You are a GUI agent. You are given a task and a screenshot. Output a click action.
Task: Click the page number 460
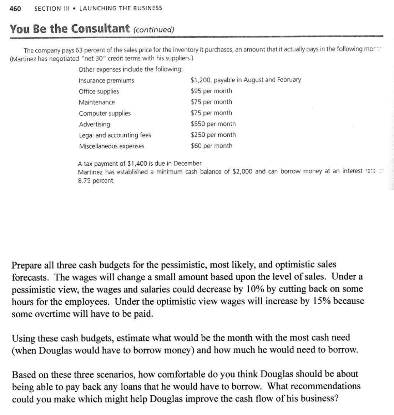pos(15,8)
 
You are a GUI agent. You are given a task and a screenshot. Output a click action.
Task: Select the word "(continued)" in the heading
pos(153,29)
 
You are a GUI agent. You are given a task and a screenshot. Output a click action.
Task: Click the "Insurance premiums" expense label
pos(106,80)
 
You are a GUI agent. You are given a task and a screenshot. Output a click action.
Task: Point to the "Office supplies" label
pos(99,91)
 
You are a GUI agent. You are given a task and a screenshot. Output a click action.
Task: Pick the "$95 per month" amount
pos(211,91)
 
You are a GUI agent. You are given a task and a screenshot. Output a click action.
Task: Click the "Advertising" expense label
pos(94,124)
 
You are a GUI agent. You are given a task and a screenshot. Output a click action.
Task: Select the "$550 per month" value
pos(213,124)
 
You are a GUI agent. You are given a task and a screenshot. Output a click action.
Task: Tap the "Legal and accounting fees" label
pos(115,135)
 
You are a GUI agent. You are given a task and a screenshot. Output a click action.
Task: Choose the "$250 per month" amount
pos(213,135)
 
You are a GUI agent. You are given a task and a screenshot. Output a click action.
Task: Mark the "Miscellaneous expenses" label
pos(111,146)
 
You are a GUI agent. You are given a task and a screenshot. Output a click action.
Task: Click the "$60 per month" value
pos(211,146)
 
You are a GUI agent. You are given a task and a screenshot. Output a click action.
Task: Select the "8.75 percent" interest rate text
pos(96,180)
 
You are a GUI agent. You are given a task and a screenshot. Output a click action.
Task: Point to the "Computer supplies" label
pos(105,113)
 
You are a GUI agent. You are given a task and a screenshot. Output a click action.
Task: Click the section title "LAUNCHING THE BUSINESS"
pos(121,8)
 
